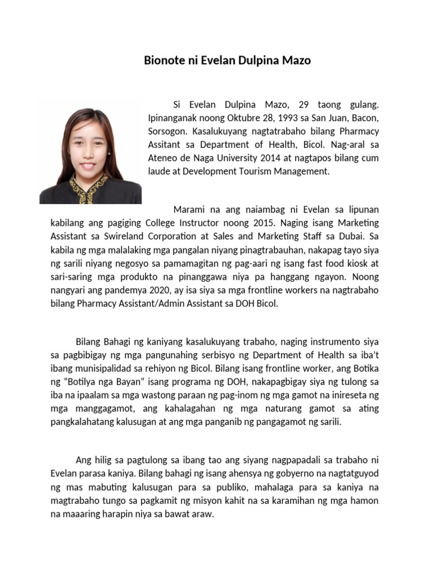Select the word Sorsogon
point(167,131)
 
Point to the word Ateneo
point(162,158)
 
